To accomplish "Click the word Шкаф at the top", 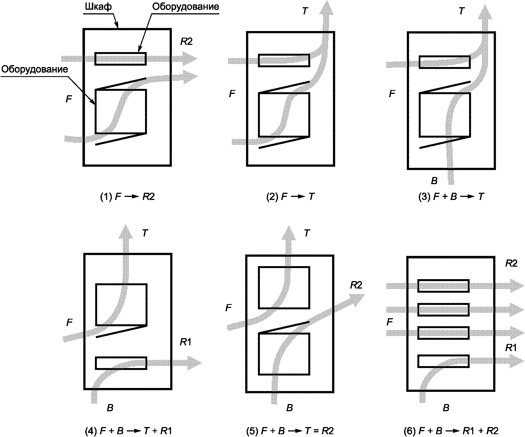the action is pos(98,7).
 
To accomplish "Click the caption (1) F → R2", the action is pos(127,197).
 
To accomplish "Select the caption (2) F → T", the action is pos(290,197).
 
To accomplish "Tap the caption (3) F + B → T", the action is pos(451,197).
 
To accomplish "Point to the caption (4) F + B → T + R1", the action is pos(129,431).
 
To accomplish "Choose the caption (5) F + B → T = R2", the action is pos(290,431).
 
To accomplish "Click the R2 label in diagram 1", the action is pos(186,42).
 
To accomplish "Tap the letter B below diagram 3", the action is pos(434,181).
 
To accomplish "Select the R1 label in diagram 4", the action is pos(185,342).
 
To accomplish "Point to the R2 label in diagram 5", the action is pos(356,285).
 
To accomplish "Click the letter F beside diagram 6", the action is pos(390,322).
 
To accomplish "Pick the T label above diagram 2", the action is pos(305,11).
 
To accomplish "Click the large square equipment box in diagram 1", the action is pos(121,111).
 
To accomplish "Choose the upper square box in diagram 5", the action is pos(284,288).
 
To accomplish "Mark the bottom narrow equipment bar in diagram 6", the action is pos(443,361).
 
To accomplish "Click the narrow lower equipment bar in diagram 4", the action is pos(121,363).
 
